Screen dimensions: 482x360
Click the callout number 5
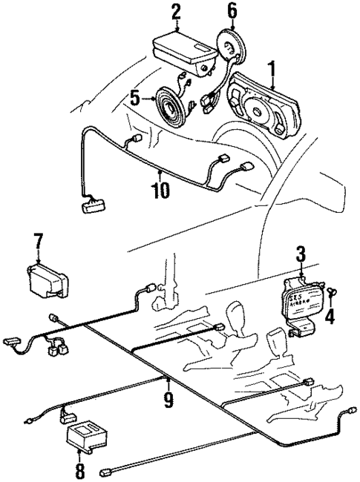click(134, 97)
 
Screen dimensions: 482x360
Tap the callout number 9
click(168, 401)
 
